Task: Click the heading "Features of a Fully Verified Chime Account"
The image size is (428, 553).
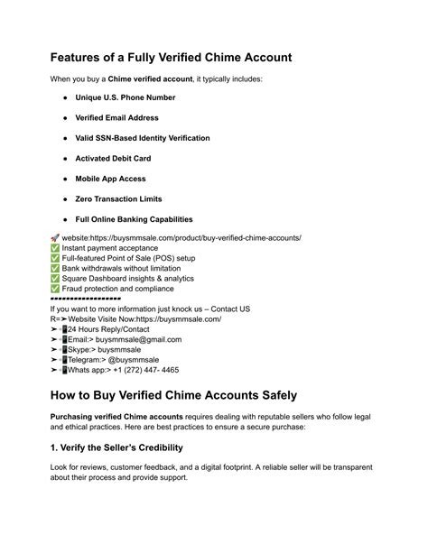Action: (172, 57)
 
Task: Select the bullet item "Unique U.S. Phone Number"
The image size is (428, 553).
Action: (126, 97)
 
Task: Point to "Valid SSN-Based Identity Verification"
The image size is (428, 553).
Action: (143, 138)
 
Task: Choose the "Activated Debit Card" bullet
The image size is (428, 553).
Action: (113, 159)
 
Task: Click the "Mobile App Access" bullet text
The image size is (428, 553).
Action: (110, 179)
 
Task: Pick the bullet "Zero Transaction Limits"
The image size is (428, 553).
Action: (119, 198)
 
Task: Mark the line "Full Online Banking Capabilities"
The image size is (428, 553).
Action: (134, 219)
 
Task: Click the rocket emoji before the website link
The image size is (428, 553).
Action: (55, 238)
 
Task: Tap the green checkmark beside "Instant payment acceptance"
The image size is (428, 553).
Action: (55, 248)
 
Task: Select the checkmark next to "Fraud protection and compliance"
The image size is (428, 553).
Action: (55, 289)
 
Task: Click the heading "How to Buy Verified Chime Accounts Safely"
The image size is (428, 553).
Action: (173, 396)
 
